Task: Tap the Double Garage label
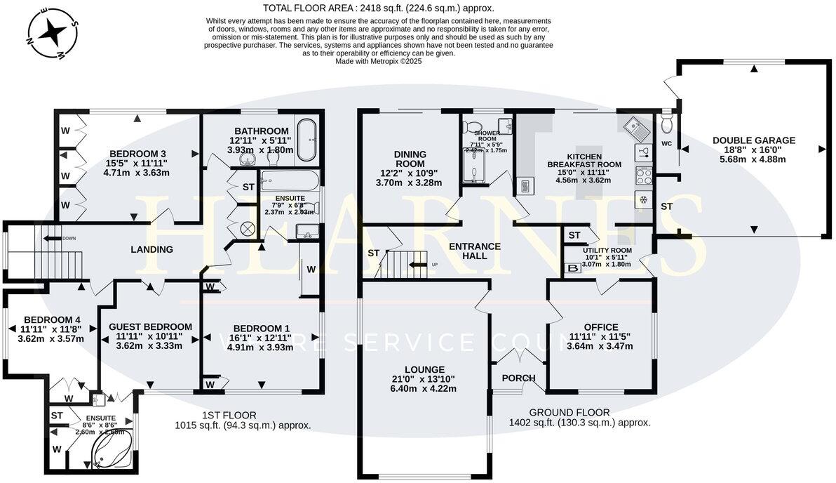pos(754,140)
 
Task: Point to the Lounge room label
pos(424,370)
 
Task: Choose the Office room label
pos(601,327)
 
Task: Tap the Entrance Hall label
pos(475,251)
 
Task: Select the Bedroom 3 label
pos(137,154)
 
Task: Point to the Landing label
pos(152,249)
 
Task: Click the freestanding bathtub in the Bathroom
pos(307,140)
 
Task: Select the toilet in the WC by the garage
pos(666,124)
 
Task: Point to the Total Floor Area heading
pos(378,8)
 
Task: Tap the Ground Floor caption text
pos(569,412)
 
